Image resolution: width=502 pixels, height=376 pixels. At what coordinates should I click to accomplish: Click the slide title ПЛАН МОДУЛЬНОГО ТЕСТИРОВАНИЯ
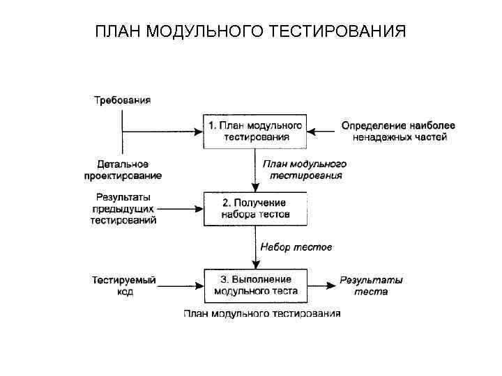pyautogui.click(x=250, y=32)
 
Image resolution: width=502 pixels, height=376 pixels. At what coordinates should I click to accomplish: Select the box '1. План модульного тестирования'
pyautogui.click(x=256, y=131)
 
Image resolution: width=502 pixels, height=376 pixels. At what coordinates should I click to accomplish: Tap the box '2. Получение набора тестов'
pyautogui.click(x=256, y=208)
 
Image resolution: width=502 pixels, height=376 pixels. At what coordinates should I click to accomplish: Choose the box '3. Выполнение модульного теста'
pyautogui.click(x=256, y=285)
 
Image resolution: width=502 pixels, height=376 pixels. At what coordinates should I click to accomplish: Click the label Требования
pyautogui.click(x=122, y=100)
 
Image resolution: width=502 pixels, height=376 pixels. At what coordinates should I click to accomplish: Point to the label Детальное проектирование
pyautogui.click(x=122, y=169)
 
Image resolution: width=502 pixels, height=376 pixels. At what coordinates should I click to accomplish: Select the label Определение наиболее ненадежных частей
pyautogui.click(x=398, y=131)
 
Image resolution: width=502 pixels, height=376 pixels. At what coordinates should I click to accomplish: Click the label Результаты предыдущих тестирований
pyautogui.click(x=123, y=208)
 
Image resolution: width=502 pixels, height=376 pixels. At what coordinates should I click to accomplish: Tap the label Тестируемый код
pyautogui.click(x=124, y=285)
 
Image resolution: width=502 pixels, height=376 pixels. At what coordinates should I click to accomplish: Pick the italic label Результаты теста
pyautogui.click(x=370, y=285)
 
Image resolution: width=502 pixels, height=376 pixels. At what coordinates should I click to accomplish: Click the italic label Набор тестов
pyautogui.click(x=296, y=246)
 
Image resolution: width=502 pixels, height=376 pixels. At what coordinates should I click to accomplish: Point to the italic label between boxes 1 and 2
pyautogui.click(x=304, y=169)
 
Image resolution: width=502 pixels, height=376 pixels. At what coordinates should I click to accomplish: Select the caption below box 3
pyautogui.click(x=261, y=314)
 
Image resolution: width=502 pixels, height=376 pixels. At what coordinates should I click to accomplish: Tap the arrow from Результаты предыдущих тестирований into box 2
pyautogui.click(x=181, y=208)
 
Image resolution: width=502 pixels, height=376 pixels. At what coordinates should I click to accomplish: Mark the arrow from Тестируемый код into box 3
pyautogui.click(x=181, y=285)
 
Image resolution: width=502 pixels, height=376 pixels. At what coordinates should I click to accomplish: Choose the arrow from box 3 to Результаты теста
pyautogui.click(x=321, y=285)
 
